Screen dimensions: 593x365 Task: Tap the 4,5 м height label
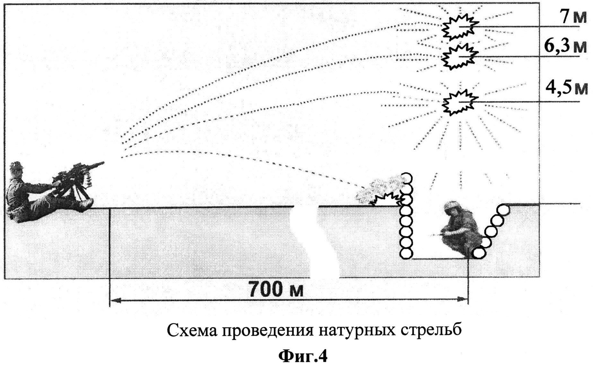567,88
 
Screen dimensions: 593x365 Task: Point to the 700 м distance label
276,289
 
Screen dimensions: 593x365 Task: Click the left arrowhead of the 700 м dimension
114,300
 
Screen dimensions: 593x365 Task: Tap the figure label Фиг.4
303,356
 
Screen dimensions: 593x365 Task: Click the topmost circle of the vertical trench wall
406,178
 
